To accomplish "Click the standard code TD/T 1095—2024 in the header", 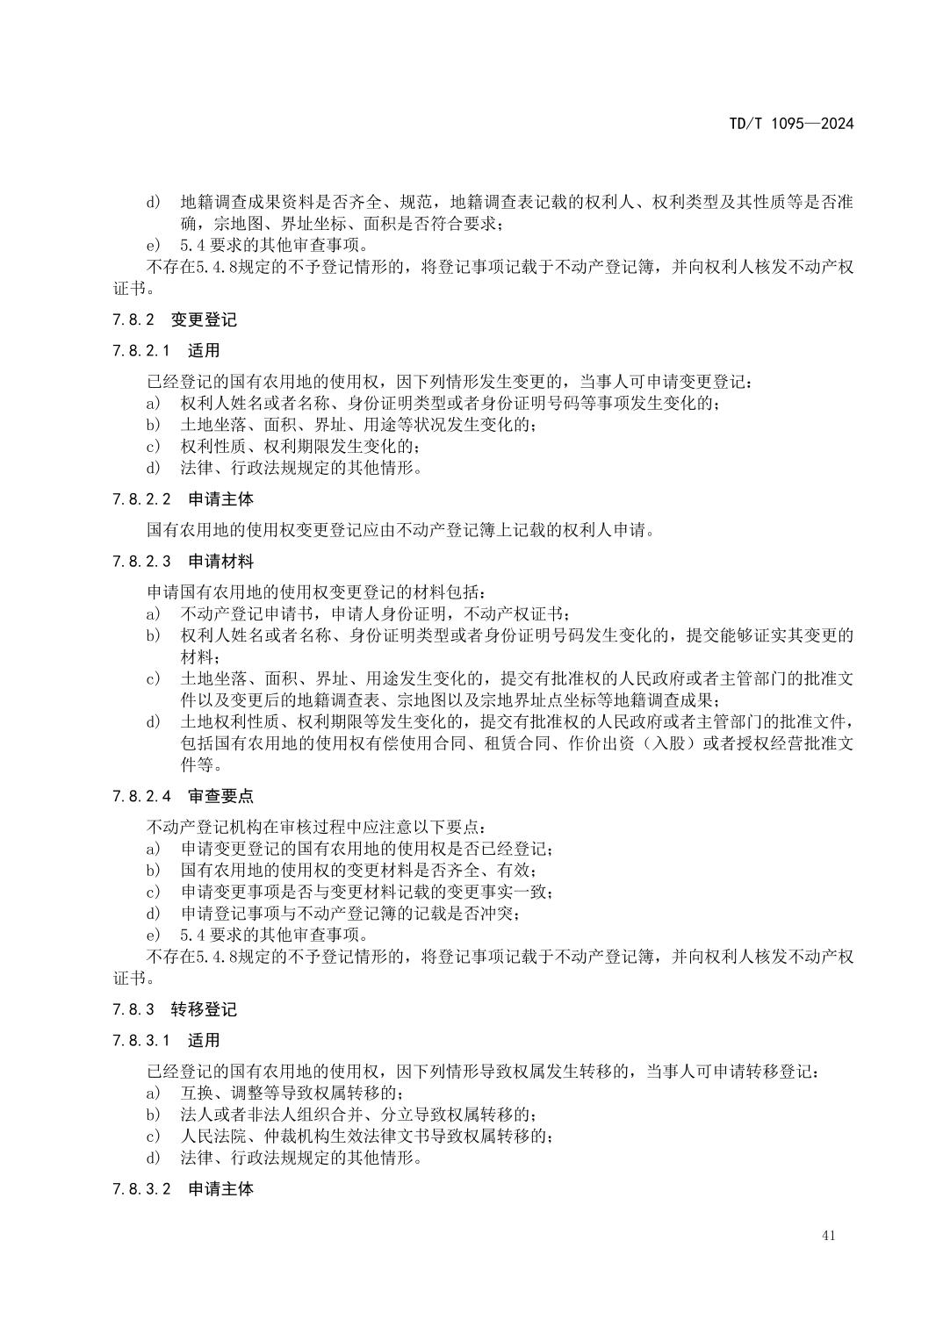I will click(x=790, y=124).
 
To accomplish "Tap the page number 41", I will click(x=829, y=1236).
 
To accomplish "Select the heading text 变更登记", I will click(x=204, y=320).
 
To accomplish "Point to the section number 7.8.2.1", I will click(x=141, y=351).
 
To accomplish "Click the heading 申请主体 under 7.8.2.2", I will click(x=220, y=499).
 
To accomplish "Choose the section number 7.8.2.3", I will click(x=141, y=562).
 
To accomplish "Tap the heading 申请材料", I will click(x=220, y=562).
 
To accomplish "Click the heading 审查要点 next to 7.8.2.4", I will click(x=220, y=797).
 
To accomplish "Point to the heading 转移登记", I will click(x=204, y=1009).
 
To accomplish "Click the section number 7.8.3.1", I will click(x=141, y=1041).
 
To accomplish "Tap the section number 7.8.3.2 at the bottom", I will click(x=141, y=1189).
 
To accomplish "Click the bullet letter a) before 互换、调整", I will click(x=153, y=1094).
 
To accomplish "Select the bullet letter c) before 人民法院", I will click(x=153, y=1137).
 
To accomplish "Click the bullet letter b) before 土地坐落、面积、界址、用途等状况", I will click(x=153, y=426).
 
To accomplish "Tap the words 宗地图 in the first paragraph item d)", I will click(x=234, y=224).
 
